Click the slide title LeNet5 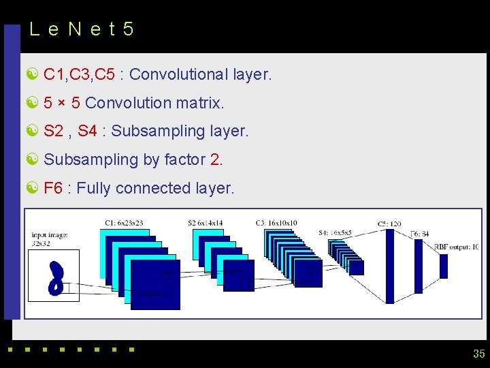[x=82, y=29]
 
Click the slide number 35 [x=478, y=354]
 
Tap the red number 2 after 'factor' [x=215, y=159]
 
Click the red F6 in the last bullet [x=53, y=188]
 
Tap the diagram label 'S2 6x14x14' [x=205, y=223]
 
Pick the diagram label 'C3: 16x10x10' [x=276, y=223]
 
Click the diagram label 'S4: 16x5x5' [x=335, y=233]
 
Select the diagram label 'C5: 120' [x=389, y=224]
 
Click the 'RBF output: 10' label [x=456, y=247]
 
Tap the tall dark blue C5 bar [x=390, y=266]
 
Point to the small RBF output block [x=444, y=266]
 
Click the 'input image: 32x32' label [x=49, y=239]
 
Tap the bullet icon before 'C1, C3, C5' [x=31, y=74]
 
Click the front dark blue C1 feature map [x=155, y=284]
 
